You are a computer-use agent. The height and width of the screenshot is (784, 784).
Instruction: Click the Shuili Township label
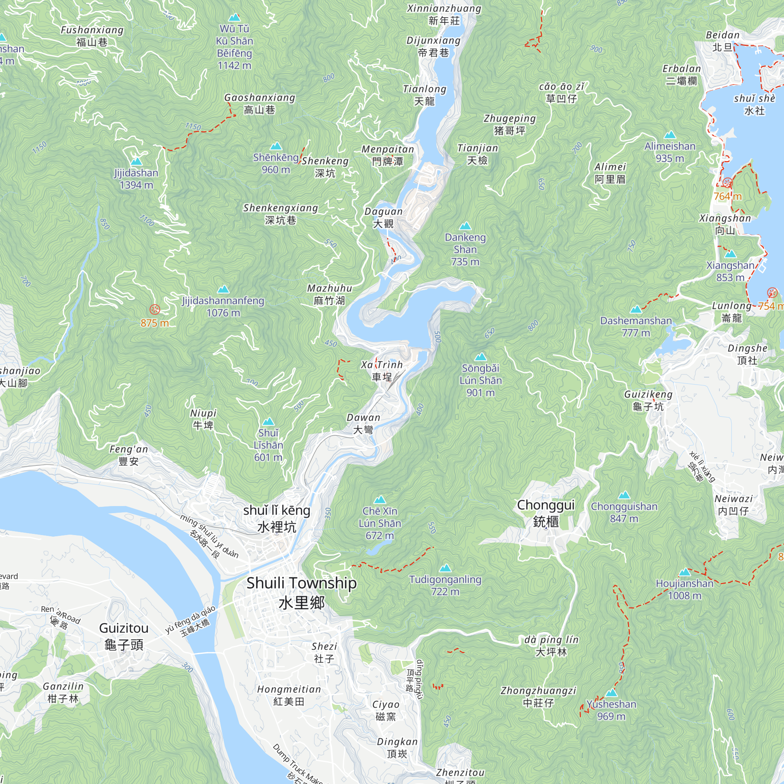[301, 592]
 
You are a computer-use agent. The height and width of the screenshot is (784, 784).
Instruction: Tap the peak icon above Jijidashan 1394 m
[136, 162]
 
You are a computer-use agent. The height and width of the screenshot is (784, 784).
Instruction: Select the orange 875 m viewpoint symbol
[154, 310]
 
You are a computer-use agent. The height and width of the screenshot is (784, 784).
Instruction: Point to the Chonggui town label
[546, 513]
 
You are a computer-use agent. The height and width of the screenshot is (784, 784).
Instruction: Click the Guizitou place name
[124, 636]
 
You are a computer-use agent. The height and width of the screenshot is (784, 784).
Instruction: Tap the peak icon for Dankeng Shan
[465, 226]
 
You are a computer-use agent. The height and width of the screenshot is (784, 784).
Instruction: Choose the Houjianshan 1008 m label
[684, 589]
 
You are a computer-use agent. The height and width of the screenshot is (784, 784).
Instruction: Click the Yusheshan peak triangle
[612, 693]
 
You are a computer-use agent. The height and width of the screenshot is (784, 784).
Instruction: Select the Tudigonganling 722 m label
[445, 585]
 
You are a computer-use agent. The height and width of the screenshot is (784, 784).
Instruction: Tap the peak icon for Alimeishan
[670, 135]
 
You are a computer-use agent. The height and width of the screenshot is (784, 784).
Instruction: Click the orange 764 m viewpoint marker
[728, 183]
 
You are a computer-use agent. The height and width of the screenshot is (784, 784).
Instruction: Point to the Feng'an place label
[129, 455]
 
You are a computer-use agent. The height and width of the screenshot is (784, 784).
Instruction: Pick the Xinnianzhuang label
[445, 15]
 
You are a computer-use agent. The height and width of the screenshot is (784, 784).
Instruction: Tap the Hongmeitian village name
[289, 695]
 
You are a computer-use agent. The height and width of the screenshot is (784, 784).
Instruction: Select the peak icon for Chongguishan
[624, 495]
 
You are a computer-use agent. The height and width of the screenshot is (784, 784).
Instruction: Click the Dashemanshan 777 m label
[636, 326]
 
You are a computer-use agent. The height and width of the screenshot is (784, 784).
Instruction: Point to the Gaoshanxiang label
[260, 103]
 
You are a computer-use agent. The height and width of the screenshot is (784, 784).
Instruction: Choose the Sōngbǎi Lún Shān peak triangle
[481, 357]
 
